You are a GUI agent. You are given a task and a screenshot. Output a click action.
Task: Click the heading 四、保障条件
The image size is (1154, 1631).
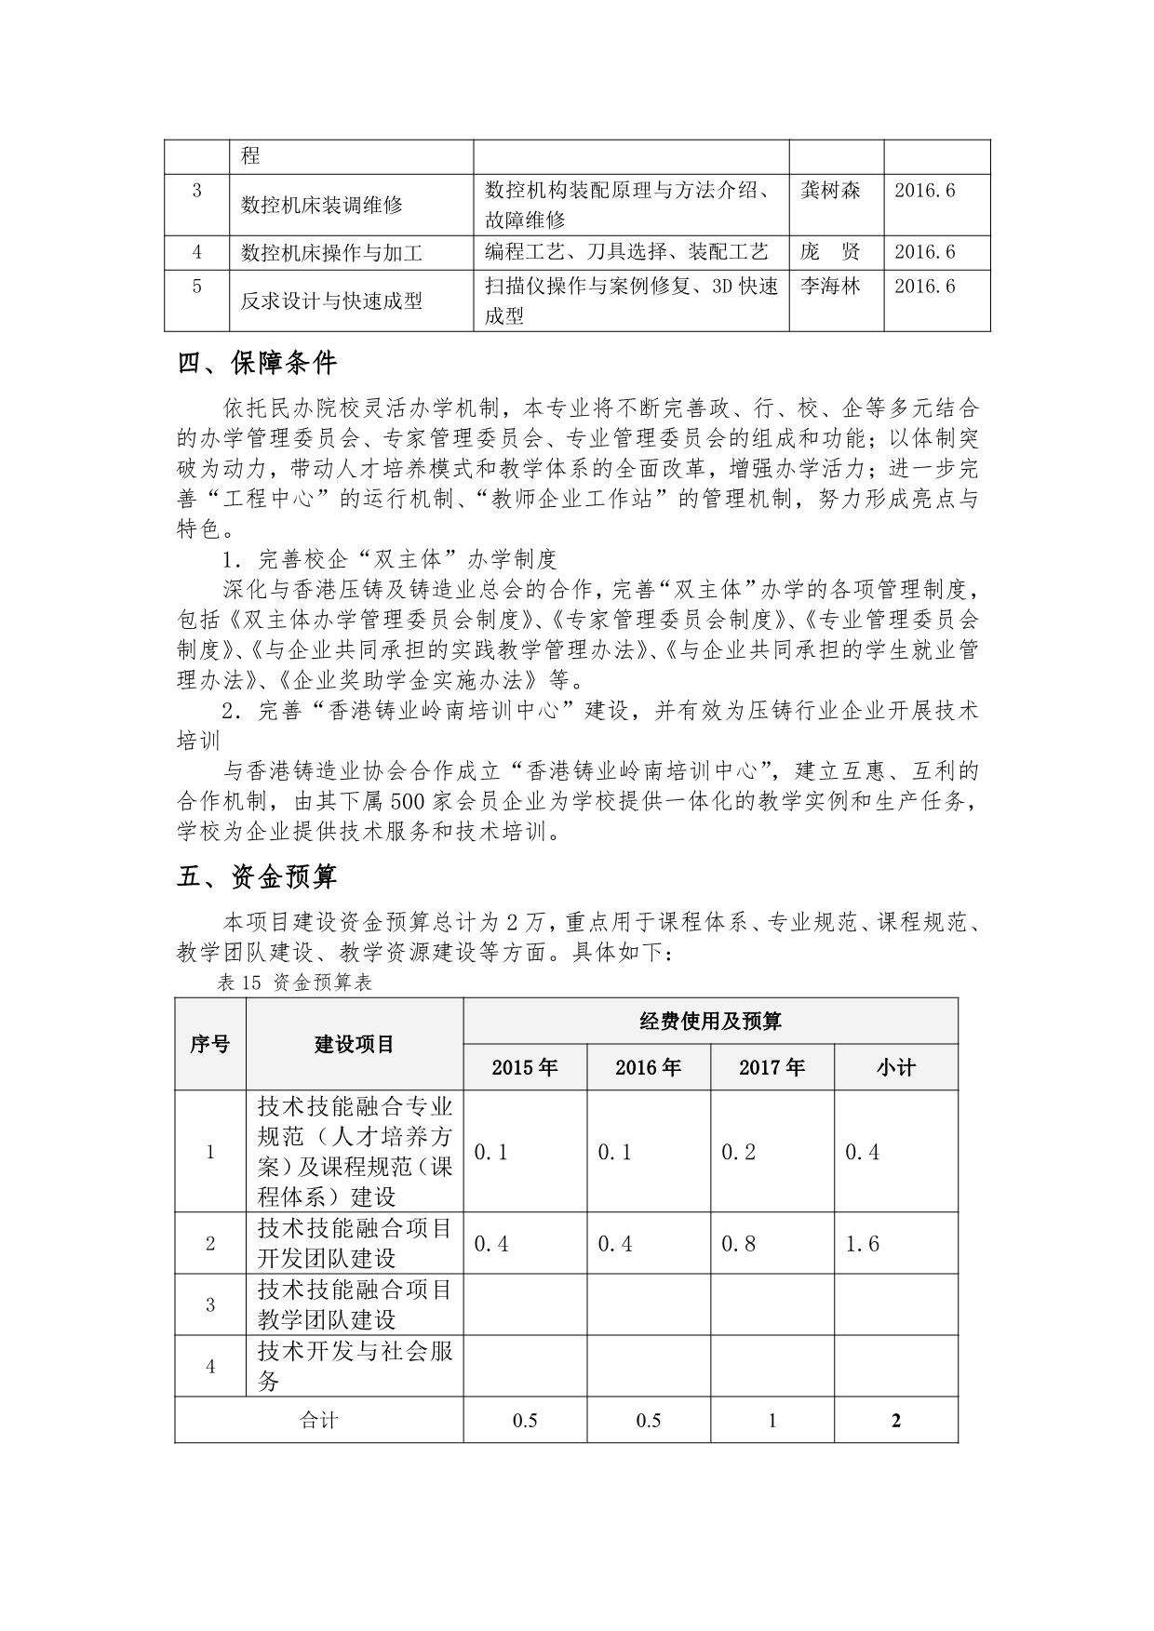tap(257, 364)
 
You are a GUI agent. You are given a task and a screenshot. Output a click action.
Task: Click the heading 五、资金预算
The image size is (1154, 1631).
tap(257, 876)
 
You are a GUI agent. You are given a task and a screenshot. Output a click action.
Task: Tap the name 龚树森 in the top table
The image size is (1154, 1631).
tap(830, 191)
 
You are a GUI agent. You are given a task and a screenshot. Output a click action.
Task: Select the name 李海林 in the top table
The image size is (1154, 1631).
tap(830, 286)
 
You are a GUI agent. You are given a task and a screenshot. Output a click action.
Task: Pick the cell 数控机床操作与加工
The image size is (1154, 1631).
tap(331, 253)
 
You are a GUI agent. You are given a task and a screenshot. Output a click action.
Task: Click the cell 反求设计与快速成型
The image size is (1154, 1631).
tap(331, 301)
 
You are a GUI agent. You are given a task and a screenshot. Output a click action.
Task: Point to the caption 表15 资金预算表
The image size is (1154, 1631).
tap(294, 983)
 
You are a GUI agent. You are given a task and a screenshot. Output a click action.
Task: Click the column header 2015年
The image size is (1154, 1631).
tap(525, 1067)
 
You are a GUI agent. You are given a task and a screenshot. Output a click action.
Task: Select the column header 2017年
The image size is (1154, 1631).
tap(772, 1067)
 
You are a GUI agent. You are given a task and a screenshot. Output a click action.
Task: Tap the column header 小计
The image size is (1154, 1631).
tap(895, 1067)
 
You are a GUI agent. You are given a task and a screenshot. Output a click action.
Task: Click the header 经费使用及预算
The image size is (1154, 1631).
tap(710, 1022)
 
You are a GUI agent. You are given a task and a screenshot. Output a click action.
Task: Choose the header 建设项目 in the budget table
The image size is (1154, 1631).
tap(355, 1044)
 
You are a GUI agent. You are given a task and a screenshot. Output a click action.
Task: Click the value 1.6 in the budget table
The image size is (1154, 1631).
tap(862, 1244)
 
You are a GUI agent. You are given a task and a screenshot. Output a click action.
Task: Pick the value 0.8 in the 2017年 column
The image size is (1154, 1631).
tap(739, 1244)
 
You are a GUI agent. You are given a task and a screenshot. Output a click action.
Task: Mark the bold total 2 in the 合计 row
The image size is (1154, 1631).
tap(895, 1421)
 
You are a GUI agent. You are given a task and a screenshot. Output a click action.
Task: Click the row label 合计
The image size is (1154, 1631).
tap(318, 1421)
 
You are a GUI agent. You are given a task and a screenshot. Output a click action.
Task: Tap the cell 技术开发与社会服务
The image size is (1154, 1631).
tap(355, 1366)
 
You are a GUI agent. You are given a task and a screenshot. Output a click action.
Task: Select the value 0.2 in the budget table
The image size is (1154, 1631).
tap(739, 1152)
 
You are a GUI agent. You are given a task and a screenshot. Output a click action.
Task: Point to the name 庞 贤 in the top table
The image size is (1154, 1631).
tap(830, 252)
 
